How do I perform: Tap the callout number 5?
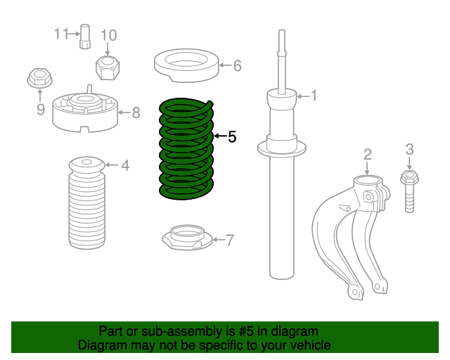coord(232,136)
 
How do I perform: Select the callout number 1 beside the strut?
coord(314,96)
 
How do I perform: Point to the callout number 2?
coord(367,154)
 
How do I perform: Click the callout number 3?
coord(410,149)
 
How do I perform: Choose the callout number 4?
coord(124,166)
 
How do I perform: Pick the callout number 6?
coord(237,66)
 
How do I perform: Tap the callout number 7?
coord(230,240)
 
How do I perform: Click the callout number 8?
coord(136,111)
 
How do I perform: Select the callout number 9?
coord(40,109)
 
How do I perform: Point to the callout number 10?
coord(108,35)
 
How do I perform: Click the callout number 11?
coord(61,33)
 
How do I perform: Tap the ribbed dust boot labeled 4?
coord(86,207)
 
